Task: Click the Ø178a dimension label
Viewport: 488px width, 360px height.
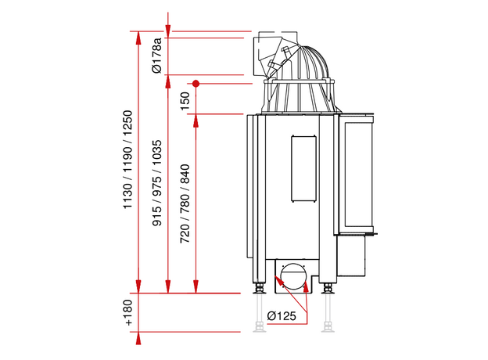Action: point(157,56)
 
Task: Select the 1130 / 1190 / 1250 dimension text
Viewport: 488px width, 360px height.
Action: point(128,160)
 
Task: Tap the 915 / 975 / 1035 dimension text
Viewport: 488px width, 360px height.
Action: point(157,183)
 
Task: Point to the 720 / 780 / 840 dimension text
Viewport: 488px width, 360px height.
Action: point(185,203)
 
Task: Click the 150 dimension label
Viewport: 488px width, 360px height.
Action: point(185,101)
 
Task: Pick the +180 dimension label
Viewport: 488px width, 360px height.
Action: point(128,313)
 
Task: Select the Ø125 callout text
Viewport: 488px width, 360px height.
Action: point(282,315)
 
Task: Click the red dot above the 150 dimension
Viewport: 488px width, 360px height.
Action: point(196,84)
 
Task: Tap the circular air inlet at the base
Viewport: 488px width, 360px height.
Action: point(292,276)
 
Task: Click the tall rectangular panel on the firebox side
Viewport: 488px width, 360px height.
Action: point(303,168)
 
